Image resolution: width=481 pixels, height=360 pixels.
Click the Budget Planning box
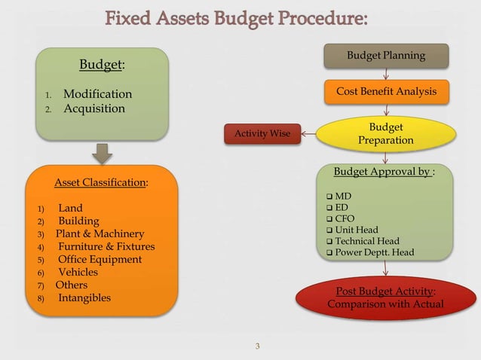[x=386, y=56]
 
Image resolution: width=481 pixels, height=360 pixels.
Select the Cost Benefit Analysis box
[x=386, y=92]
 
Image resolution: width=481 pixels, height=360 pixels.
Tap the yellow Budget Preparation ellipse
[x=385, y=133]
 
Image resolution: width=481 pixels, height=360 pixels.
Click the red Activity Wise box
[x=263, y=134]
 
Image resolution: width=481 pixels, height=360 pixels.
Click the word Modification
[x=97, y=94]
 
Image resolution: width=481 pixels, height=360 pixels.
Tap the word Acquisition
[x=94, y=108]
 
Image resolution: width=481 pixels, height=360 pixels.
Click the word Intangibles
[x=84, y=297]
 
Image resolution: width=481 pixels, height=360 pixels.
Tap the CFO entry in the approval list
[x=345, y=218]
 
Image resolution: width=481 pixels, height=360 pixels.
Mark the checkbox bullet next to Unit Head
[x=329, y=230]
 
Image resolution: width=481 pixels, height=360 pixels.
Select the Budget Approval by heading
[x=382, y=172]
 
